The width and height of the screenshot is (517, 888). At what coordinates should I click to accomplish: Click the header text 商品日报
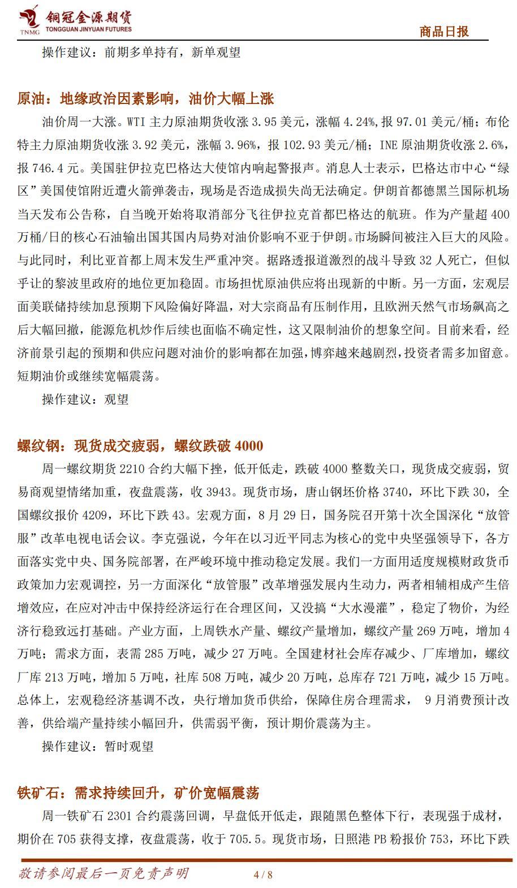[x=444, y=32]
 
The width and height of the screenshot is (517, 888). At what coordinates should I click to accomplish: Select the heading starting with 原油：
[x=145, y=98]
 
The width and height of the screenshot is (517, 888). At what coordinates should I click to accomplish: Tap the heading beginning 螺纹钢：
[x=140, y=445]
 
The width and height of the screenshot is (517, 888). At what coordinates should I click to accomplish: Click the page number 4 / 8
[x=264, y=874]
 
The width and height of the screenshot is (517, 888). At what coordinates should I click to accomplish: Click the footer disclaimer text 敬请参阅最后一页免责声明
[x=104, y=873]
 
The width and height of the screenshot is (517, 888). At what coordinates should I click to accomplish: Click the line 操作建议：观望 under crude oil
[x=85, y=399]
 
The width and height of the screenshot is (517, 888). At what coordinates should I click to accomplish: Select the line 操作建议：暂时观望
[x=98, y=746]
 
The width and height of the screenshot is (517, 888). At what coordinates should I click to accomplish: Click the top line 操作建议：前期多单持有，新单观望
[x=141, y=52]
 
